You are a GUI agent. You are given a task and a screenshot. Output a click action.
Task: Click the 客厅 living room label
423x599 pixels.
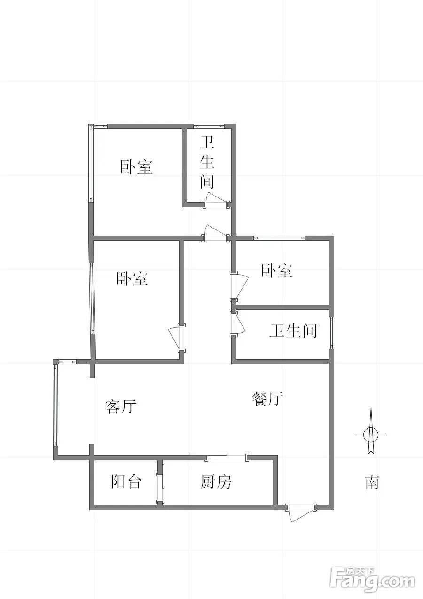pyautogui.click(x=121, y=406)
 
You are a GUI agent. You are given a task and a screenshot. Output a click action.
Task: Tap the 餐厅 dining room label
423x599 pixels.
pyautogui.click(x=267, y=399)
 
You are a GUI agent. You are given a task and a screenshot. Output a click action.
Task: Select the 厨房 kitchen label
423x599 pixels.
pyautogui.click(x=216, y=481)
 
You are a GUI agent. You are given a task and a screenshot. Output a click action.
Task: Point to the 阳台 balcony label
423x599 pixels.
pyautogui.click(x=126, y=481)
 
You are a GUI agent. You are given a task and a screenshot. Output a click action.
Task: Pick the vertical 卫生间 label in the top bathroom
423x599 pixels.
pyautogui.click(x=207, y=162)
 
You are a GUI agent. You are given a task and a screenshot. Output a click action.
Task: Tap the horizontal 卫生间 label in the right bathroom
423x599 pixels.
pyautogui.click(x=293, y=331)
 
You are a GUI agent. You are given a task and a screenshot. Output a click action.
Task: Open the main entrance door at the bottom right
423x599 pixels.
pyautogui.click(x=301, y=512)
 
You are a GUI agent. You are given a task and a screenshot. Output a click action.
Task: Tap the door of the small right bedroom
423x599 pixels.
pyautogui.click(x=239, y=286)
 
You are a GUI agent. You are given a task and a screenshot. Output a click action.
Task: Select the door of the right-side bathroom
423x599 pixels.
pyautogui.click(x=238, y=324)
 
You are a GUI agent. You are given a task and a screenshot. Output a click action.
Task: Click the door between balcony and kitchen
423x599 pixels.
pyautogui.click(x=160, y=488)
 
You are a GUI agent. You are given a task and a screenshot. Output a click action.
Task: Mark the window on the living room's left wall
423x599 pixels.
pyautogui.click(x=56, y=405)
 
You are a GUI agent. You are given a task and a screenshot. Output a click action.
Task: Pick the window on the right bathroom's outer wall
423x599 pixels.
pyautogui.click(x=331, y=333)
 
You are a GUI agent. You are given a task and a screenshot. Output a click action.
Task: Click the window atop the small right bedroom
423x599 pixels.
pyautogui.click(x=279, y=238)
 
